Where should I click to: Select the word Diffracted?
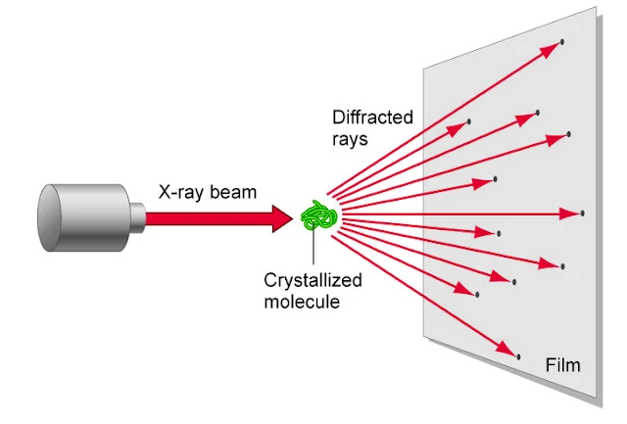tap(372, 118)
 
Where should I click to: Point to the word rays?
tap(350, 139)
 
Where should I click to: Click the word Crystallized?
tap(313, 281)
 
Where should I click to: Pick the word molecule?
tap(302, 302)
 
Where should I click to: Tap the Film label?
tap(562, 366)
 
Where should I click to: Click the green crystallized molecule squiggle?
tap(320, 215)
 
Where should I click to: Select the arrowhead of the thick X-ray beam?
tap(284, 217)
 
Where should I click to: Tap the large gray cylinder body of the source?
tap(78, 216)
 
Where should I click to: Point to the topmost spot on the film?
tap(562, 41)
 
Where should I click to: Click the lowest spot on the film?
tap(517, 355)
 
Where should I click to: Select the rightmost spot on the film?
tap(583, 212)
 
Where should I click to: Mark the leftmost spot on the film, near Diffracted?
tap(469, 121)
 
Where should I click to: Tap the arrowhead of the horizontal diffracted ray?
tap(572, 212)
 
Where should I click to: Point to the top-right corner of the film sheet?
tap(597, 8)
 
